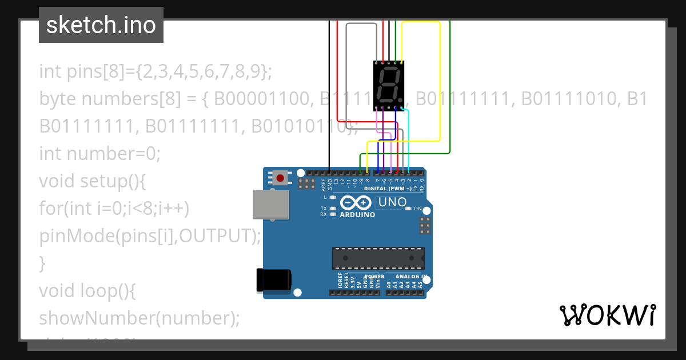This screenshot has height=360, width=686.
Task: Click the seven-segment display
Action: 389,86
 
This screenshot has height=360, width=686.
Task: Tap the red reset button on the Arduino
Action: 280,178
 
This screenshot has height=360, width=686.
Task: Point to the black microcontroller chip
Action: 378,258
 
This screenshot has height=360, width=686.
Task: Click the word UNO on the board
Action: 393,202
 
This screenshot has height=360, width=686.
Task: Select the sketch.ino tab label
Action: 101,25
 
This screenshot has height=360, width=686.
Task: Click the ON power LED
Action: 408,209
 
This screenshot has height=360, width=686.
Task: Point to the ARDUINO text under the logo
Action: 357,215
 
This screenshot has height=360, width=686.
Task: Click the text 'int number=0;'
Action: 100,154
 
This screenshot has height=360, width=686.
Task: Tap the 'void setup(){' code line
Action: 93,181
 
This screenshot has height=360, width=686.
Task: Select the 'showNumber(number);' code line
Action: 139,318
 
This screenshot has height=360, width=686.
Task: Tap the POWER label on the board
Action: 374,277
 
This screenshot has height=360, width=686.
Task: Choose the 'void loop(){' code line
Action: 87,291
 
